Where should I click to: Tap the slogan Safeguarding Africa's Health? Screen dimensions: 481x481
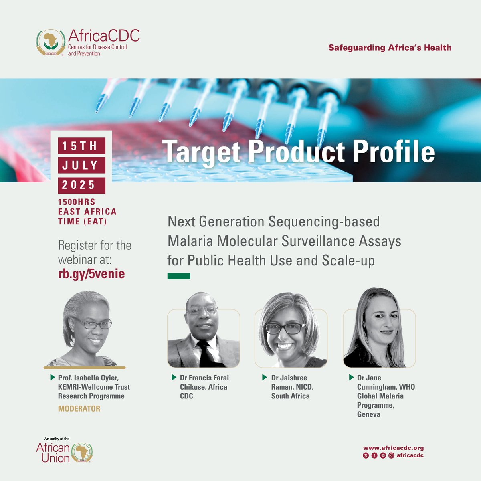pyautogui.click(x=390, y=48)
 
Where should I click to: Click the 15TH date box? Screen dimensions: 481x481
pyautogui.click(x=82, y=146)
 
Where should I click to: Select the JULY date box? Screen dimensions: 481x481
pyautogui.click(x=82, y=165)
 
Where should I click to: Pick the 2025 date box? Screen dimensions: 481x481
pyautogui.click(x=82, y=185)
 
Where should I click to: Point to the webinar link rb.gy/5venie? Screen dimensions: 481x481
pyautogui.click(x=91, y=274)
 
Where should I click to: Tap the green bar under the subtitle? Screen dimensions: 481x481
pyautogui.click(x=178, y=276)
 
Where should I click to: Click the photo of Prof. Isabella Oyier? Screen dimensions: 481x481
pyautogui.click(x=85, y=329)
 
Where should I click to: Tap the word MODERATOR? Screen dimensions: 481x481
pyautogui.click(x=79, y=409)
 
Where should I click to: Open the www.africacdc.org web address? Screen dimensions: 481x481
pyautogui.click(x=393, y=448)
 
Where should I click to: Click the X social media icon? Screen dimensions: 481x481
pyautogui.click(x=366, y=455)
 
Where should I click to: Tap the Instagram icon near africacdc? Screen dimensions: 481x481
pyautogui.click(x=391, y=455)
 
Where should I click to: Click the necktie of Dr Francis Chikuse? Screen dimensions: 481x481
pyautogui.click(x=204, y=353)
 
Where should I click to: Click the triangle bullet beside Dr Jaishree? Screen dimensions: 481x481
pyautogui.click(x=265, y=378)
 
